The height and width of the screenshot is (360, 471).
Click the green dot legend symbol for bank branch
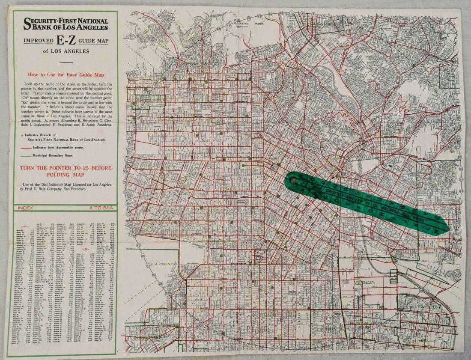point(22,135)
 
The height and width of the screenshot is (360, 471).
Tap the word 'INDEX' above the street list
point(26,208)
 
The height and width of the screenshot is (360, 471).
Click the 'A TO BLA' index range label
point(101,208)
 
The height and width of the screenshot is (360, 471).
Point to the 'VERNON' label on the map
point(364,283)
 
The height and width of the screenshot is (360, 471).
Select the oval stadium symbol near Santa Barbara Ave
point(259,259)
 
